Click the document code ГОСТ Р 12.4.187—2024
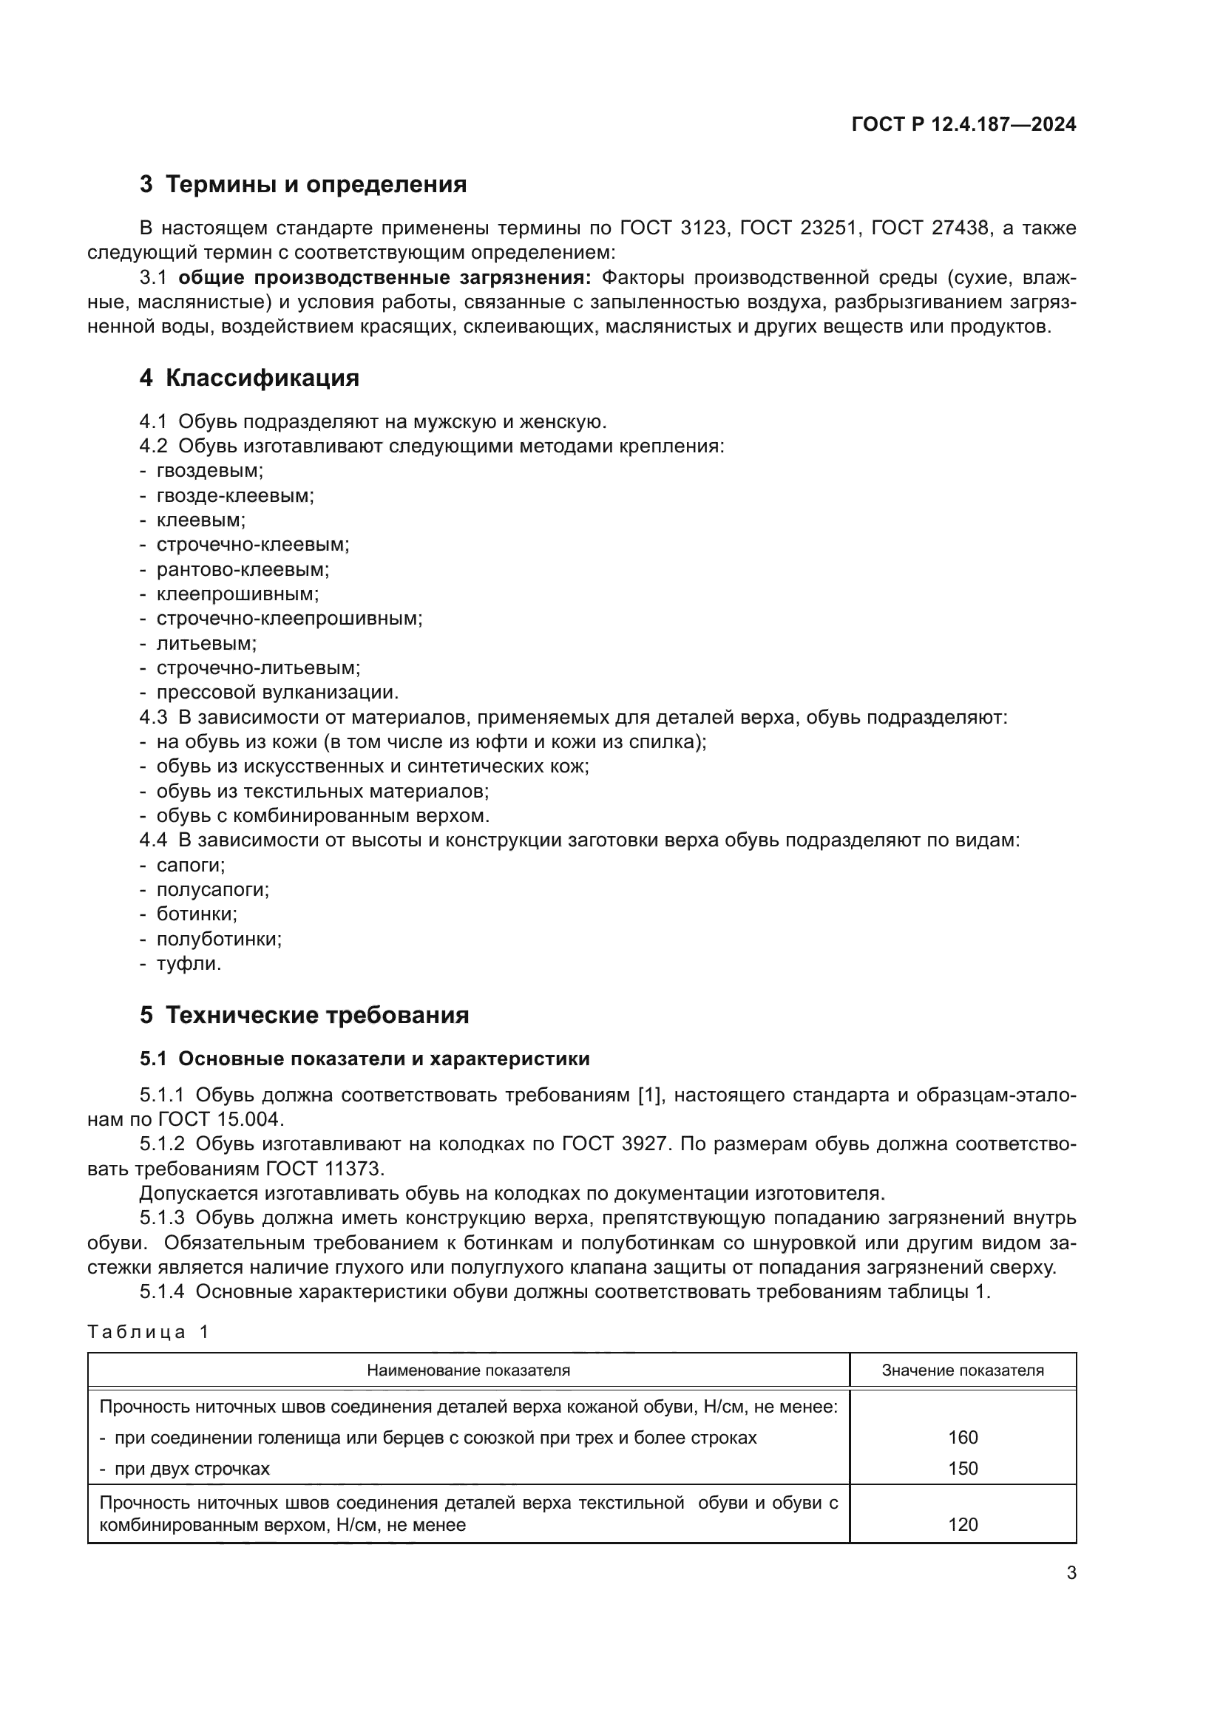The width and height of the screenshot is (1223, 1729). (963, 125)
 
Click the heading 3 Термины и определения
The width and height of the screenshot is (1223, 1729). (302, 185)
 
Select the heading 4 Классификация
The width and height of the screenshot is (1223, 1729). (249, 378)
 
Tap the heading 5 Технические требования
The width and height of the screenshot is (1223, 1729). (304, 1015)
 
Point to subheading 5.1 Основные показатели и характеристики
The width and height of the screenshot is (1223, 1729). (365, 1059)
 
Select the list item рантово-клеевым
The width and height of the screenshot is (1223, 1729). (243, 569)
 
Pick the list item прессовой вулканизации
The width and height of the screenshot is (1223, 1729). (277, 692)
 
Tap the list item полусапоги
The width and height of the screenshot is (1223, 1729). (212, 889)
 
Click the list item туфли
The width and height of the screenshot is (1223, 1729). (189, 963)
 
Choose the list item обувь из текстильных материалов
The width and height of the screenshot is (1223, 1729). (322, 791)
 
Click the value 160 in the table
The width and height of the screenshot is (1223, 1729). (963, 1438)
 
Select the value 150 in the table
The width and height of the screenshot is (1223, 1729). (963, 1469)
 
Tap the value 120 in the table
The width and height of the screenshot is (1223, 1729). (963, 1524)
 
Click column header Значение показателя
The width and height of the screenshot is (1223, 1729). (963, 1370)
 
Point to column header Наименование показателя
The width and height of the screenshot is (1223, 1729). (468, 1370)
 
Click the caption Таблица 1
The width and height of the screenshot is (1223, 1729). (148, 1331)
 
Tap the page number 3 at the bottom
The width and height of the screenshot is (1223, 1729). (1071, 1573)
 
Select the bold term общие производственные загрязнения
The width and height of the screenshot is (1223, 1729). (384, 278)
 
